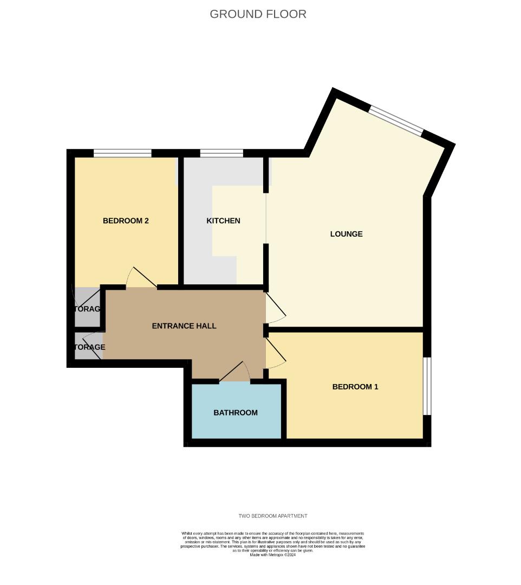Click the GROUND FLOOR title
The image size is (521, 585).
[258, 14]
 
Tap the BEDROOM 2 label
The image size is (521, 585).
[126, 220]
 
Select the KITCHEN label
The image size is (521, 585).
[223, 220]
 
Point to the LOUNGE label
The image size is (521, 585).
[346, 234]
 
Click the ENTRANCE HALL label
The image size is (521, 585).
[184, 326]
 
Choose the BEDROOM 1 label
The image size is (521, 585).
[355, 387]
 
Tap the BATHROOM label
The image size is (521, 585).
[235, 413]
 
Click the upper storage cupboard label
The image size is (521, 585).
[88, 309]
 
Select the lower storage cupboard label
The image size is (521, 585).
[89, 347]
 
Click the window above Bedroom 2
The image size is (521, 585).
[122, 153]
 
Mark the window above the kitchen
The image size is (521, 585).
[221, 153]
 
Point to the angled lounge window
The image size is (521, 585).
[396, 120]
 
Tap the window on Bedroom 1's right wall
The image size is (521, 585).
[427, 386]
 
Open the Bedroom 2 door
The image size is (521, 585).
[141, 278]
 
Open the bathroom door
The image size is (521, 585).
[235, 373]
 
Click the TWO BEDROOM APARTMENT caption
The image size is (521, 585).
[272, 516]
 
